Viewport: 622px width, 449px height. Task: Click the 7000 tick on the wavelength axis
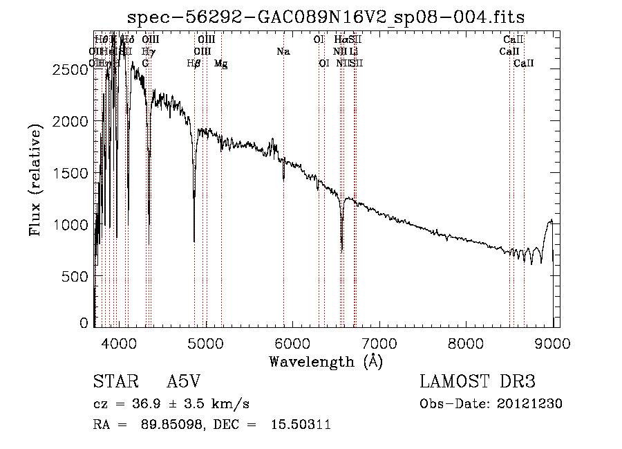click(379, 342)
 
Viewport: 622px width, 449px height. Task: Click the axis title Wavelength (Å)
click(326, 361)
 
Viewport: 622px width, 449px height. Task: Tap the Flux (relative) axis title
click(35, 178)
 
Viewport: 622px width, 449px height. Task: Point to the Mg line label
click(221, 64)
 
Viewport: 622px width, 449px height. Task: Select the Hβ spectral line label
click(194, 64)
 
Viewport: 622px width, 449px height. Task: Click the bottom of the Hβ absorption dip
click(194, 241)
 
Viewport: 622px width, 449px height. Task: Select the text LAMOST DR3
click(478, 382)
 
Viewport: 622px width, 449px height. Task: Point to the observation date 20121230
click(530, 404)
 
